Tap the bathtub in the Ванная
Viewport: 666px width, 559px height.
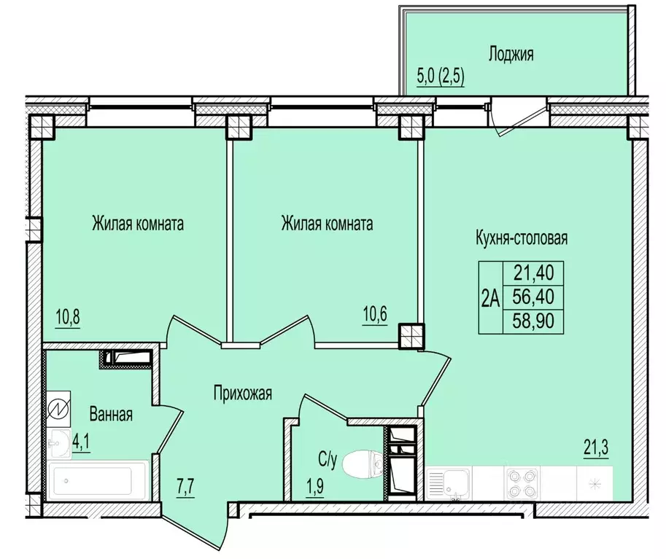click(x=98, y=480)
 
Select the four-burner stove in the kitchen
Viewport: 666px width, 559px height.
click(x=522, y=483)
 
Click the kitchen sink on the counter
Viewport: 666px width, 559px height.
click(x=448, y=483)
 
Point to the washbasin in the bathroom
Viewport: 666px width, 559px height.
click(x=58, y=444)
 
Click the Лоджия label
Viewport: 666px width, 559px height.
click(x=511, y=55)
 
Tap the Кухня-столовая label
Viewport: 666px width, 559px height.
click(x=522, y=238)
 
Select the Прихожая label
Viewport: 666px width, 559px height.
click(x=242, y=394)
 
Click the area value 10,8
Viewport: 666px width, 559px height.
click(x=68, y=316)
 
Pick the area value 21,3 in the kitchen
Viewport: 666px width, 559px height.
click(x=595, y=447)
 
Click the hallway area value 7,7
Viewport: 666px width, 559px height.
click(x=185, y=488)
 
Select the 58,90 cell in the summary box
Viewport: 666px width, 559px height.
click(x=533, y=321)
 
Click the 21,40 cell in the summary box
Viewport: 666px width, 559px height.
click(x=533, y=273)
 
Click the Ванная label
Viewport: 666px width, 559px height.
click(x=111, y=414)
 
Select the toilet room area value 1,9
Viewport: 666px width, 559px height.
click(x=314, y=485)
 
